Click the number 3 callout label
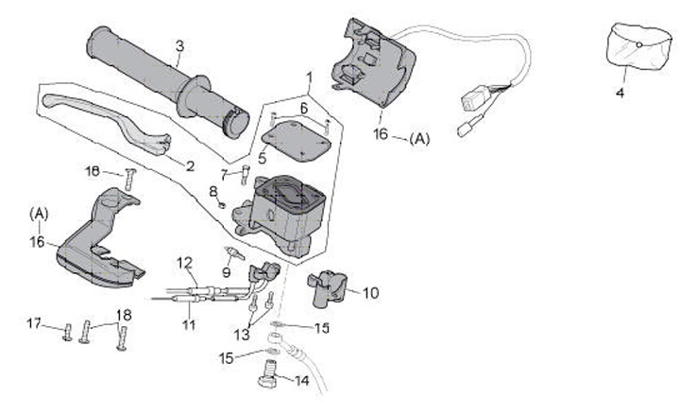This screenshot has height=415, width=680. coord(179,46)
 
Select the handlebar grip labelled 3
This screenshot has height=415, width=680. coord(168,81)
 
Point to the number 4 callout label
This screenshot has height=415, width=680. coord(620,93)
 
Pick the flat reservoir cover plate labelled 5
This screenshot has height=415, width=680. coord(297,142)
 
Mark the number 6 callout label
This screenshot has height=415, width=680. coord(303,108)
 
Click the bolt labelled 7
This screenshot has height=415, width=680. coord(245,175)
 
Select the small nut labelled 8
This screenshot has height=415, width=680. coord(222,204)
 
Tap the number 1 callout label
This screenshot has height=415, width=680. coord(309,78)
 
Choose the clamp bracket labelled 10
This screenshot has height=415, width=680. coord(327,287)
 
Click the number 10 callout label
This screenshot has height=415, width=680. coord(370,293)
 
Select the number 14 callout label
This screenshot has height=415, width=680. coord(301,381)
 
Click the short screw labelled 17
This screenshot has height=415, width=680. coord(67,332)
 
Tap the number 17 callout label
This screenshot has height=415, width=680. coord(34,323)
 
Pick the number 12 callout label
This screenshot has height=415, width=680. coord(184,263)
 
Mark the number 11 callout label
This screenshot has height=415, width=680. coord(189,324)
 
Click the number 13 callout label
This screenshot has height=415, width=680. coord(242,335)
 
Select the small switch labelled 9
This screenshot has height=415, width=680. coord(234,252)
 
